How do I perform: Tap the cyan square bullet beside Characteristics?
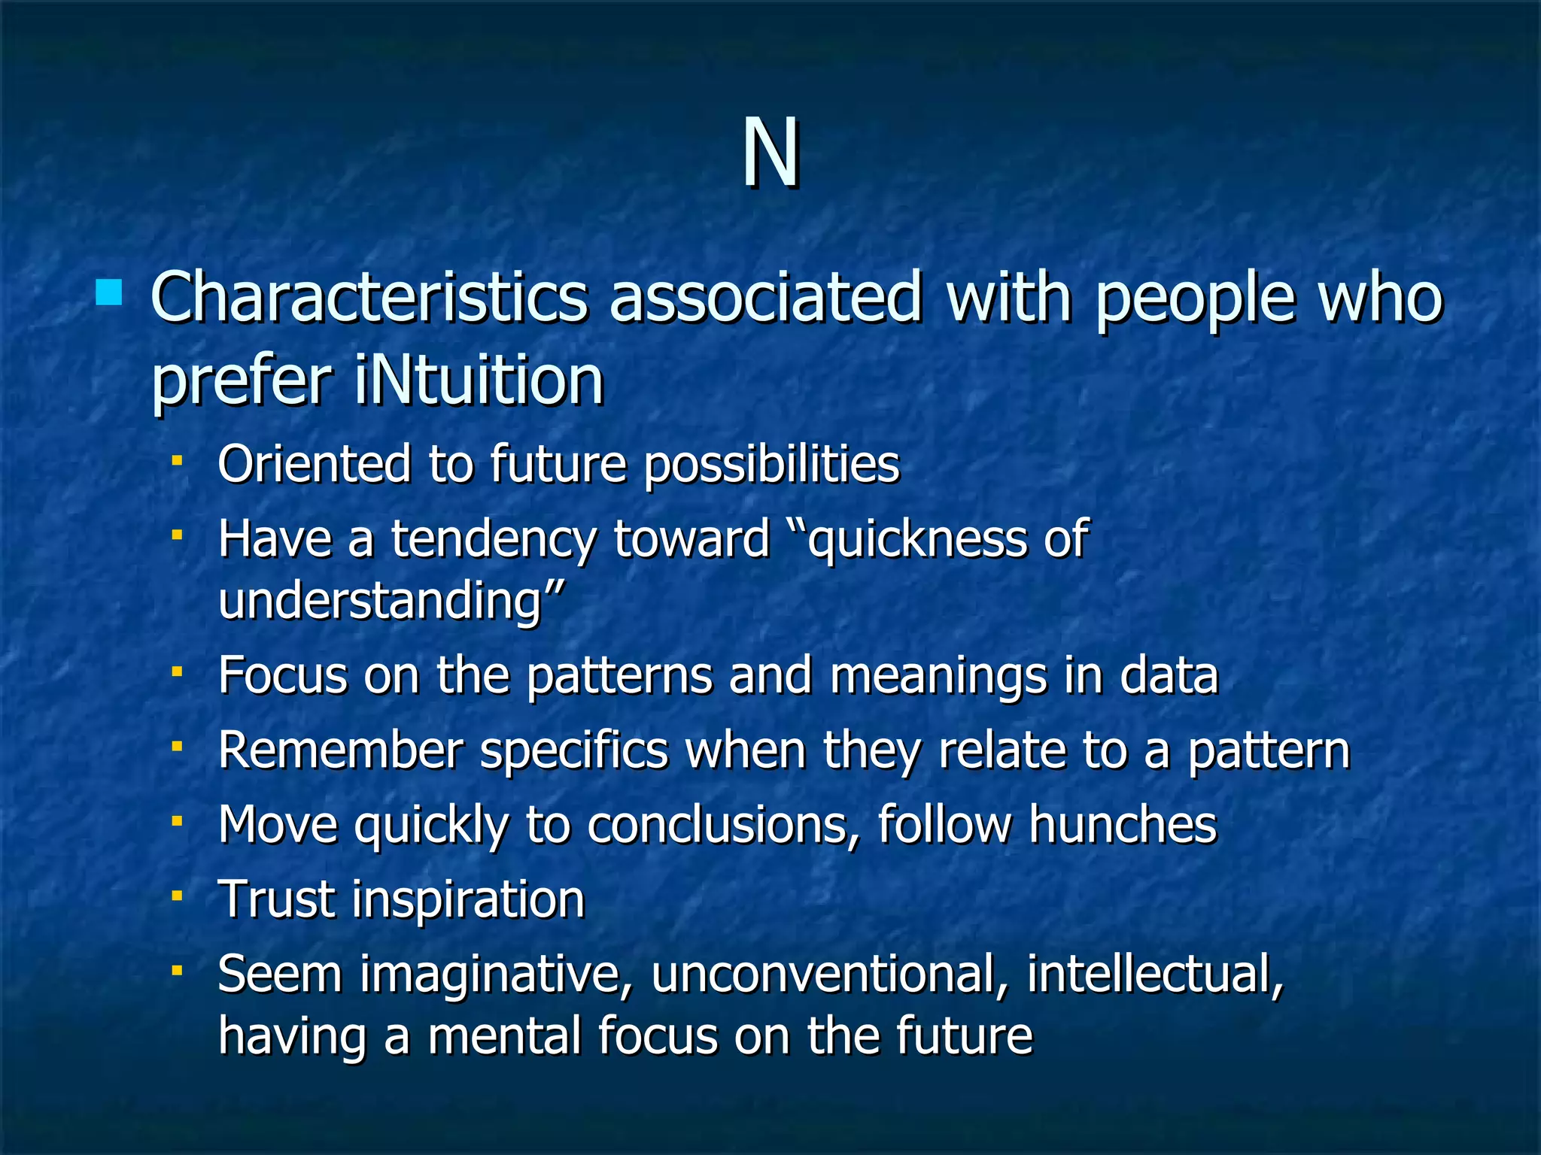click(109, 293)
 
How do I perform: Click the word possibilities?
click(771, 464)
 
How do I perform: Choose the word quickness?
click(917, 540)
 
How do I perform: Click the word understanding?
click(380, 601)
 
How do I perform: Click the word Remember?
click(340, 750)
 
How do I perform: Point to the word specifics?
click(574, 750)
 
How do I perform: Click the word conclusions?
click(722, 825)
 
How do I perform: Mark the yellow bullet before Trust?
click(178, 896)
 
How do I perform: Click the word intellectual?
click(1154, 975)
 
